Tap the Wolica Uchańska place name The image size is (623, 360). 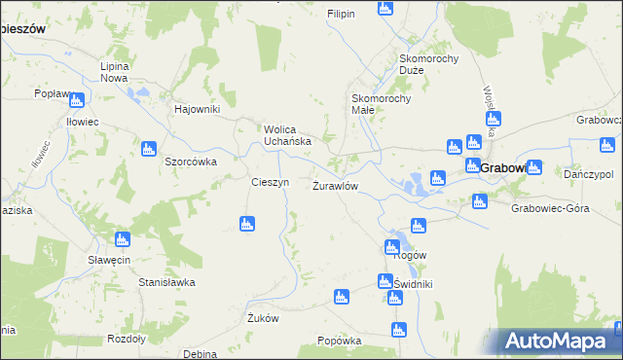coord(288,134)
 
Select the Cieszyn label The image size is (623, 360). coord(270,182)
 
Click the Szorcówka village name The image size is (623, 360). coord(190,162)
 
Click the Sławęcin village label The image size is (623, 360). coord(109,259)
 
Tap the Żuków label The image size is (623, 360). coord(264,318)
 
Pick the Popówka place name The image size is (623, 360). coord(340,341)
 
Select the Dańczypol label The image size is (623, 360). coord(588,173)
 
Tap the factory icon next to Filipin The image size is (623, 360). coord(385,9)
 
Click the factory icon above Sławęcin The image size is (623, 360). coord(123,239)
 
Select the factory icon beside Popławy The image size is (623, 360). coord(77,98)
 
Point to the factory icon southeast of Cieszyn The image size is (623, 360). coord(247,225)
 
